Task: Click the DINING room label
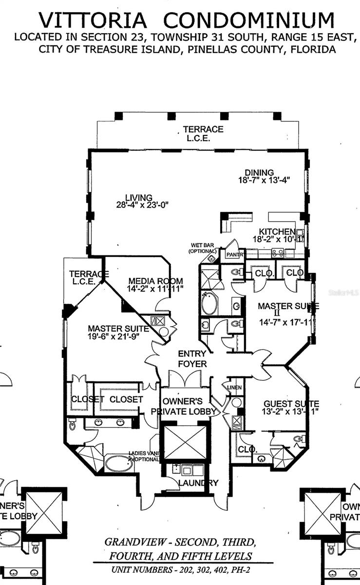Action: click(x=259, y=173)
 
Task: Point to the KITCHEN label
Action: click(x=277, y=232)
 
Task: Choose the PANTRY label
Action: click(x=234, y=254)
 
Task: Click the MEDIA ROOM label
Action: click(x=155, y=281)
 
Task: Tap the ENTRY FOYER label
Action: click(x=192, y=359)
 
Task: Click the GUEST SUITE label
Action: click(x=291, y=404)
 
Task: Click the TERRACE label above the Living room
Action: click(x=203, y=129)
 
